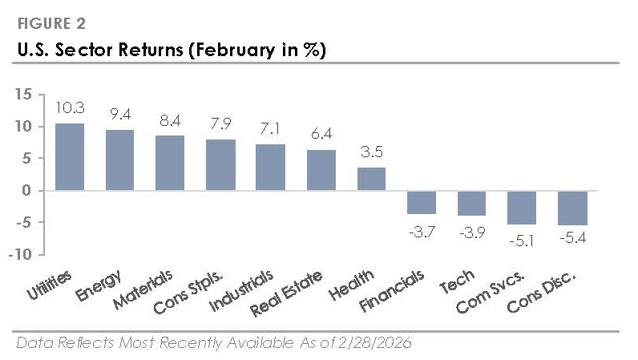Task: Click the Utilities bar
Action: pos(69,157)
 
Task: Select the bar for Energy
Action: pos(119,160)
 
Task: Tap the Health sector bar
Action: pos(371,179)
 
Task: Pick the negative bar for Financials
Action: pos(422,202)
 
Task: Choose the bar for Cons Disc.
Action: pos(572,208)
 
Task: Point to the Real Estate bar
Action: pos(321,170)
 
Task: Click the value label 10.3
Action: pos(69,108)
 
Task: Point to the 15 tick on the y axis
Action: pos(22,95)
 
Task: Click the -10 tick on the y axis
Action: pos(20,255)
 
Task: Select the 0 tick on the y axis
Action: pos(26,191)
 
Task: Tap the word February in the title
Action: pos(227,50)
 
